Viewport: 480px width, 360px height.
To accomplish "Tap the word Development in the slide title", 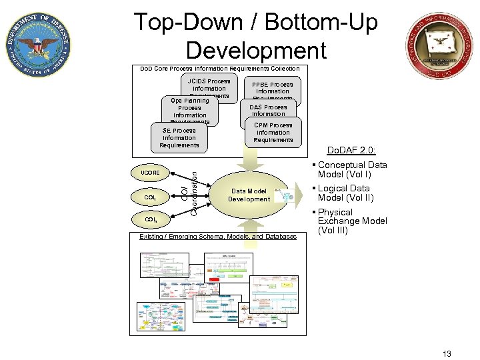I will click(256, 50).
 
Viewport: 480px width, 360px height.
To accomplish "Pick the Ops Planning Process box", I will click(189, 109).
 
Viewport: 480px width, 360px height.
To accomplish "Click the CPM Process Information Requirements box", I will click(273, 132).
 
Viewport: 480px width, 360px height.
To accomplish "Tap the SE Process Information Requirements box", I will click(179, 137).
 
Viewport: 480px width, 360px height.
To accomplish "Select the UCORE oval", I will click(149, 173).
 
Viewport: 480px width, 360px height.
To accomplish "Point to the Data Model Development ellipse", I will click(249, 195).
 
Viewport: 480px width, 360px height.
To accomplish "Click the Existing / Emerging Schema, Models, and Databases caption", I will click(217, 237).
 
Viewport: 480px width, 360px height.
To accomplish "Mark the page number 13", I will click(446, 353).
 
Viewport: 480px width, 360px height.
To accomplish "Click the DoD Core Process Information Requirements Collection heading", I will click(219, 69).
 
